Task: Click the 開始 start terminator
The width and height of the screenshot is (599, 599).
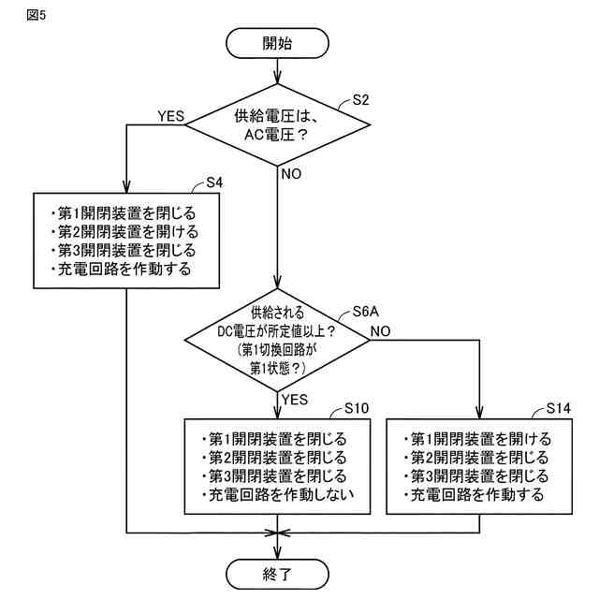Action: point(277,43)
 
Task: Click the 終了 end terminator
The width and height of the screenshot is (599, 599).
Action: point(277,574)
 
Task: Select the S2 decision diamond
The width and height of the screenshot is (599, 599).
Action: point(277,124)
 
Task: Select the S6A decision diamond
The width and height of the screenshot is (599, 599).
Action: point(277,340)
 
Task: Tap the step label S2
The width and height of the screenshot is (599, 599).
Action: point(360,100)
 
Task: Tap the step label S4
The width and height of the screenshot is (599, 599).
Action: point(214,183)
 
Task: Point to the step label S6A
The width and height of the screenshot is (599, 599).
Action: point(366,312)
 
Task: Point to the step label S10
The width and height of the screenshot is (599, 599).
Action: point(357,408)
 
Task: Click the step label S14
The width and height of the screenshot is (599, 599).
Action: point(558,408)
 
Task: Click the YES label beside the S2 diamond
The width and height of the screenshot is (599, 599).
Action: point(170,116)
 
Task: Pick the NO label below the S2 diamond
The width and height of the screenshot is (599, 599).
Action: point(291,174)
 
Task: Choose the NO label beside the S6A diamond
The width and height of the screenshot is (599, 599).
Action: point(381,331)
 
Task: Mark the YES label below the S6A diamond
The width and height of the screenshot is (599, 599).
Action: point(295,400)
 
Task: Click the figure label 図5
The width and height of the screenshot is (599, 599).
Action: point(37,15)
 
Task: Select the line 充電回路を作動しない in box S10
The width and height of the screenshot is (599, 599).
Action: point(278,495)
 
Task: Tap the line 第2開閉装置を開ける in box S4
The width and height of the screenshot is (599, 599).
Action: point(124,232)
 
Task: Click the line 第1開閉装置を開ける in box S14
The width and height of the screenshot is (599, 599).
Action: point(477,439)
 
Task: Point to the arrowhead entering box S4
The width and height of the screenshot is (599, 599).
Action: point(126,187)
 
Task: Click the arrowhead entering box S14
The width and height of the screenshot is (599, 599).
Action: point(479,413)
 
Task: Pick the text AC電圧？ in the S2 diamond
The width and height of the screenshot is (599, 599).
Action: point(276,135)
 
